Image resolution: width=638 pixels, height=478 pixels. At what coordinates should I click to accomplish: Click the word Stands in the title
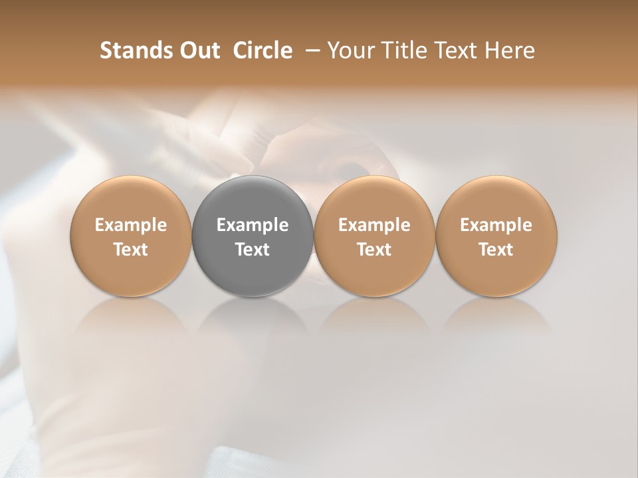coord(132,50)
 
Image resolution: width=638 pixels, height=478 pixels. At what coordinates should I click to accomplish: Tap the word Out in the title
coord(197,50)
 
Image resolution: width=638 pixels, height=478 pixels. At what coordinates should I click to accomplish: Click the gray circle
coord(253,236)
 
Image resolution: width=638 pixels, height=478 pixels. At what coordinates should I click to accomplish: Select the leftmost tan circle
coord(131,236)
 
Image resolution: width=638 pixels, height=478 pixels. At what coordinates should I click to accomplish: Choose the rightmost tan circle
coord(496,236)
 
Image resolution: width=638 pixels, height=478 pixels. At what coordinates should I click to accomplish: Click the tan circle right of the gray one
coord(374,236)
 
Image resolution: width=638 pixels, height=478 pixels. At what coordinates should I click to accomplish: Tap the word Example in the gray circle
coord(253,225)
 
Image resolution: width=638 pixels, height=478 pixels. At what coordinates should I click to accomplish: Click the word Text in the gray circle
coord(253,250)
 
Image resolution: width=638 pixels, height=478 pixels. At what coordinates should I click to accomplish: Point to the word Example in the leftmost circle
coord(131,225)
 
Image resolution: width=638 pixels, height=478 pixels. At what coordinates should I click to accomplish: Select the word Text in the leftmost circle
coord(131,250)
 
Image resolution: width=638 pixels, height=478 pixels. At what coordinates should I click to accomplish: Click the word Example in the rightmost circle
coord(496,225)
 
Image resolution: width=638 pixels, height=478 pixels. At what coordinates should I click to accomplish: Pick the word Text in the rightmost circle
coord(496,250)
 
